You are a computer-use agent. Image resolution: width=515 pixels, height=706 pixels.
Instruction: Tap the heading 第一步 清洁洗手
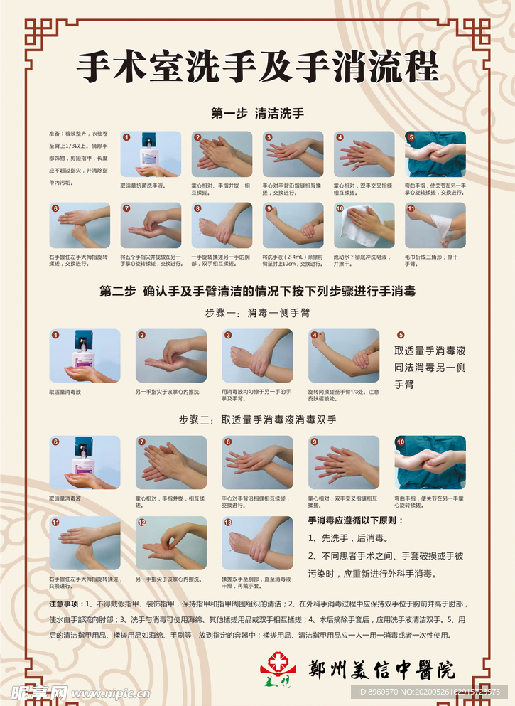click(x=257, y=113)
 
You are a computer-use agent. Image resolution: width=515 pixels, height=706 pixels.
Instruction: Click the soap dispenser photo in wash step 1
click(x=150, y=154)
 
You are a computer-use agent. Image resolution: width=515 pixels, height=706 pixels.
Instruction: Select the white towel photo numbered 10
click(x=364, y=225)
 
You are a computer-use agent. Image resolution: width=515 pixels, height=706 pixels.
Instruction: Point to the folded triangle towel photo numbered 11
click(x=435, y=225)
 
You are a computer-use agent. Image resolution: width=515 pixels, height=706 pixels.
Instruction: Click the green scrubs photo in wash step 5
click(x=435, y=154)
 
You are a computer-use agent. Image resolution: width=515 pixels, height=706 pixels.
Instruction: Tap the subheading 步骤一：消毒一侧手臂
click(x=257, y=312)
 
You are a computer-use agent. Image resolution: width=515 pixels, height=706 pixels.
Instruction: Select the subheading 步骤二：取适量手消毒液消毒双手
click(x=257, y=419)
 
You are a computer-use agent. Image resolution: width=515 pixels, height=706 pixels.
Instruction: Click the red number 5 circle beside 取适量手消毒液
click(x=401, y=335)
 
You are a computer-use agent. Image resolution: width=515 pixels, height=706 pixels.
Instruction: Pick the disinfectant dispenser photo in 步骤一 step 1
click(x=85, y=355)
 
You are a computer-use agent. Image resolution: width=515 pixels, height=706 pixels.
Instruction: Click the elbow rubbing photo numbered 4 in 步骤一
click(x=344, y=355)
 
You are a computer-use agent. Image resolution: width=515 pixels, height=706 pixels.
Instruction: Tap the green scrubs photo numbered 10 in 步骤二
click(x=430, y=463)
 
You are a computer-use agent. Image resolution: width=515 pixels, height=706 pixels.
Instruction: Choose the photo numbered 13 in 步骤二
click(x=257, y=543)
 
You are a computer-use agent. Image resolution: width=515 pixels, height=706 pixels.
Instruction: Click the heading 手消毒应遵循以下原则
click(x=355, y=520)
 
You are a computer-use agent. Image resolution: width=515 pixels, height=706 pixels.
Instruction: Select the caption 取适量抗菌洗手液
click(x=143, y=186)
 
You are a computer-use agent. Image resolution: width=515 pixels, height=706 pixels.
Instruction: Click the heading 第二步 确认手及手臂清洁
click(x=257, y=292)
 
